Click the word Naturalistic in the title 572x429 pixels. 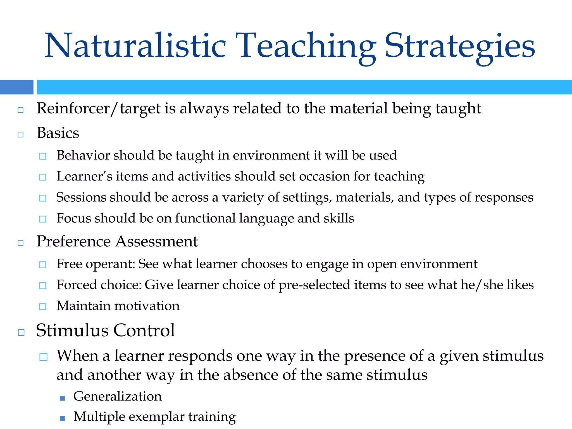coord(135,46)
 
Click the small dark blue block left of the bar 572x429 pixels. coord(16,87)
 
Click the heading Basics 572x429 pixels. coord(58,133)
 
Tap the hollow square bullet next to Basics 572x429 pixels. coord(20,135)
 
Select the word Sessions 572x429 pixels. coord(81,197)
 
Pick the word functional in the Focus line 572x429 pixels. coord(205,218)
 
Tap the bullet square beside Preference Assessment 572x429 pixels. coord(20,243)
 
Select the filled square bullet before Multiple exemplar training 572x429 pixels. coord(62,418)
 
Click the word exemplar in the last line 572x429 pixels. coord(156,417)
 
